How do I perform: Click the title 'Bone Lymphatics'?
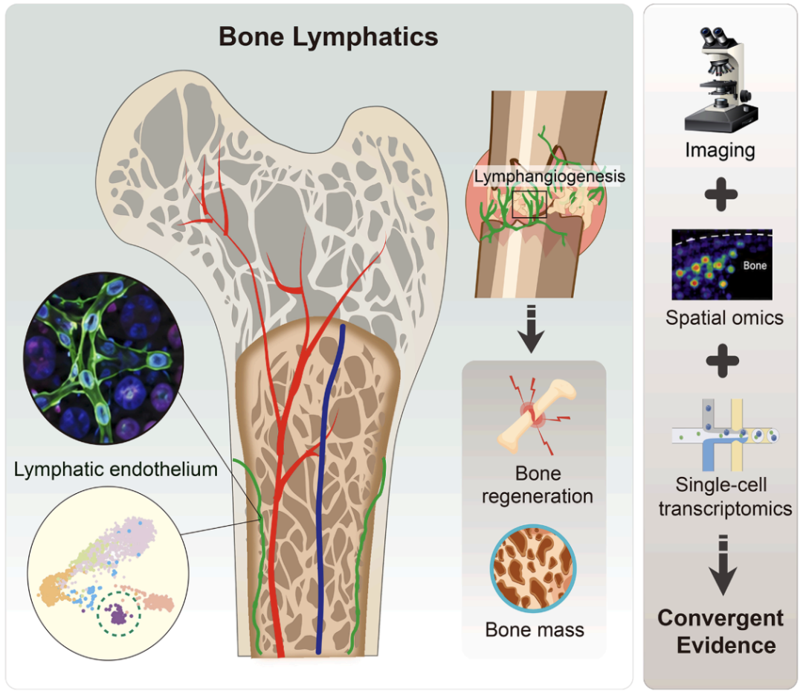[329, 37]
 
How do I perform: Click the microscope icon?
[720, 80]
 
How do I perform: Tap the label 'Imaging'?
[720, 150]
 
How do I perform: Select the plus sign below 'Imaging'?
[721, 195]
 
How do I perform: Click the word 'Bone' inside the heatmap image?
[755, 266]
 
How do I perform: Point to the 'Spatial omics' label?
[724, 318]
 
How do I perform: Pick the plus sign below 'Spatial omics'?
[722, 361]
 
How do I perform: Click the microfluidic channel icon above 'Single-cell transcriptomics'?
[724, 434]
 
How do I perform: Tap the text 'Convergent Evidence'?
[720, 632]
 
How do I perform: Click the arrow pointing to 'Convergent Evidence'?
[723, 565]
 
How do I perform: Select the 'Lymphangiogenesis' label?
[549, 176]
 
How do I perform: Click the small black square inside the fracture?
[529, 205]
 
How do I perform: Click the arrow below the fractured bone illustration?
[531, 329]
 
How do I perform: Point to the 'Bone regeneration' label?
[538, 484]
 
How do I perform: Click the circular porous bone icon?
[533, 568]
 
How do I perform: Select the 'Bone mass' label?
[535, 629]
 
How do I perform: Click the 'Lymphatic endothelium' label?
[116, 469]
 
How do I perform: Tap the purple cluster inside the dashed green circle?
[118, 613]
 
